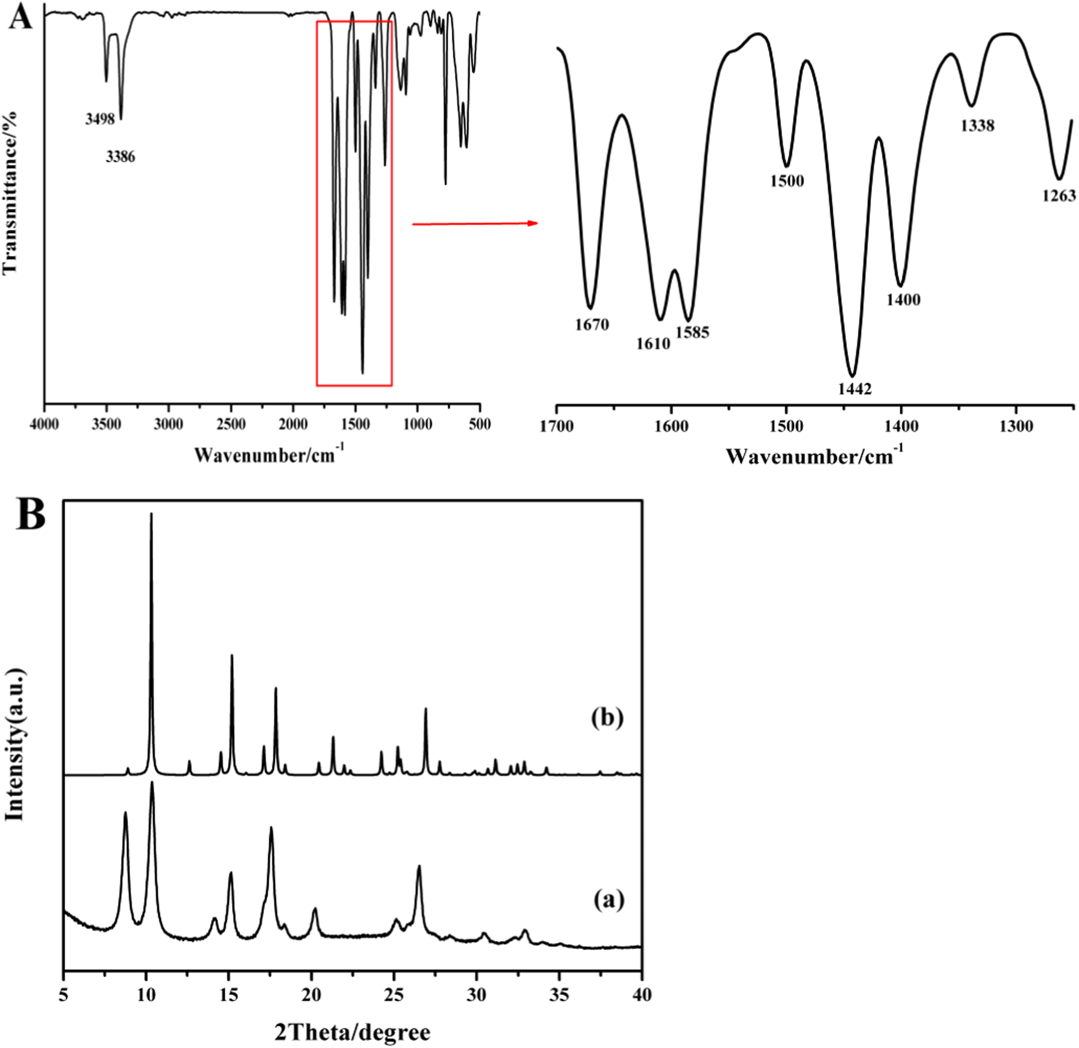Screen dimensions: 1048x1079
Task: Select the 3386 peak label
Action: coord(120,157)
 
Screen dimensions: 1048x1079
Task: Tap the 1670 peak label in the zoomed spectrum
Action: coord(592,325)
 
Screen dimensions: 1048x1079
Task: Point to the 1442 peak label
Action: coord(855,389)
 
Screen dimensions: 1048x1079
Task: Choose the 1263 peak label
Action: coord(1058,196)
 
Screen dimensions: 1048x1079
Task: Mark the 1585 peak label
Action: coord(693,332)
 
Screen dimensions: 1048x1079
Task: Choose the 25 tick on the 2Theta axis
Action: coord(394,995)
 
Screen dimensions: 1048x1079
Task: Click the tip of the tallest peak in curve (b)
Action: coord(151,514)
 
